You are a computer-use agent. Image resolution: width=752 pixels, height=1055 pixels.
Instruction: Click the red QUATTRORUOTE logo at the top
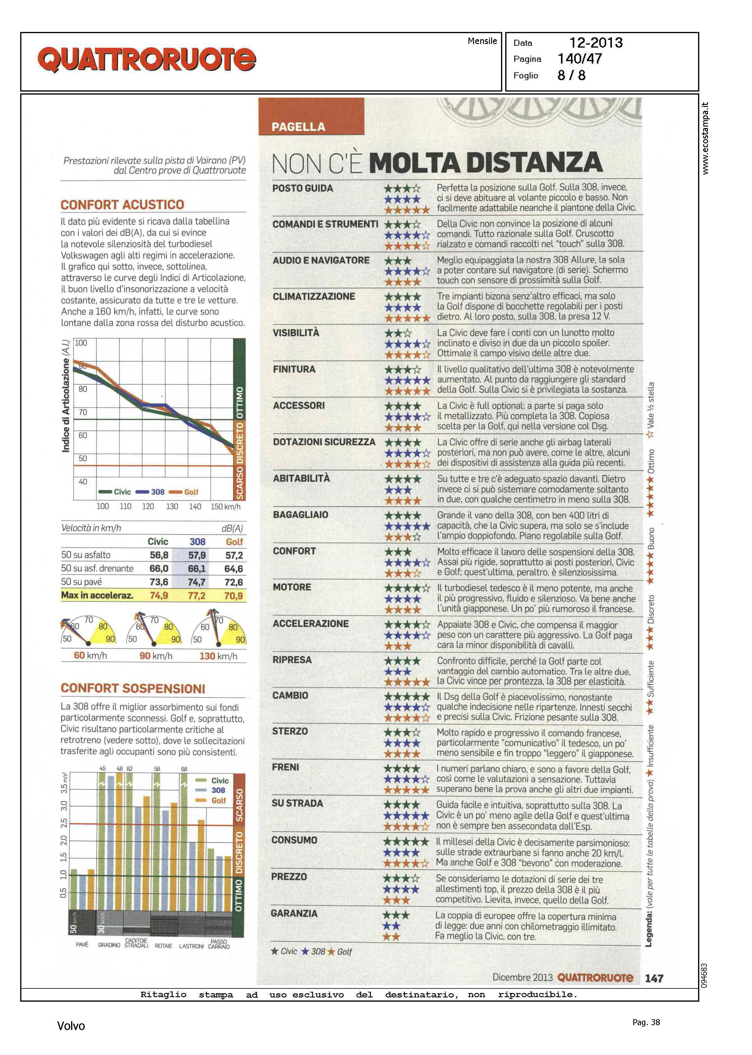point(146,60)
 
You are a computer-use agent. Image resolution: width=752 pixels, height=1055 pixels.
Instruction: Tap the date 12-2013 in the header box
point(596,43)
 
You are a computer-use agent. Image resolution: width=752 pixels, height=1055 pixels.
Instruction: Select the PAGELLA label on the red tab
point(298,127)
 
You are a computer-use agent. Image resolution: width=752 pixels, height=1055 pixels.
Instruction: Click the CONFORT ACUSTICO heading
point(122,205)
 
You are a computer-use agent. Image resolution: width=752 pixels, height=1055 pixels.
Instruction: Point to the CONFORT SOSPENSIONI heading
point(133,688)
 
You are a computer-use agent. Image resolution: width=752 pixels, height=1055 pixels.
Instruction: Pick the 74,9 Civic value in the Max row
point(159,596)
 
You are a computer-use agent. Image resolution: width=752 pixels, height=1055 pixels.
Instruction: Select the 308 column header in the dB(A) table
point(197,542)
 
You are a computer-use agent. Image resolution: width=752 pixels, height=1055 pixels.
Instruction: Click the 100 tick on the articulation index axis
point(81,343)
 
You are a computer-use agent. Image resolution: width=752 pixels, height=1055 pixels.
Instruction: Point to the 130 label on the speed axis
point(172,506)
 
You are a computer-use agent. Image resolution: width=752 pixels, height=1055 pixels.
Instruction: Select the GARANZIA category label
point(294,913)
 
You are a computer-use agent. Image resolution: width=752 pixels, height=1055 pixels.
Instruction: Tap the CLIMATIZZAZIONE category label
point(314,296)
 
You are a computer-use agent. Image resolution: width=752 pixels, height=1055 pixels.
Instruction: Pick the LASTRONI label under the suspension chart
point(191,946)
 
